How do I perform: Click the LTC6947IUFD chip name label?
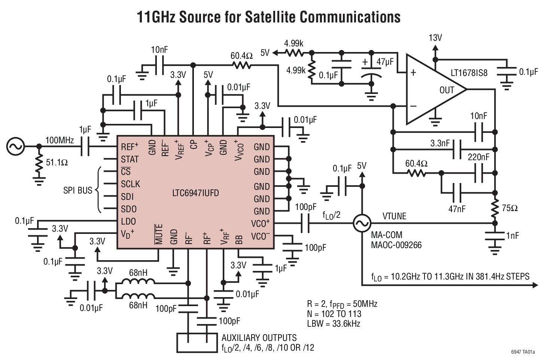click(x=195, y=193)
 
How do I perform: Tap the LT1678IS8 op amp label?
click(x=469, y=73)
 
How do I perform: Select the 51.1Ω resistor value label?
click(x=57, y=163)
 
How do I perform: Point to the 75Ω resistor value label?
click(x=509, y=208)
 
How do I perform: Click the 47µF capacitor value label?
click(x=385, y=62)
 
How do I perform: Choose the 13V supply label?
click(x=435, y=38)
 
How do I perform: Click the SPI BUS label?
click(x=77, y=190)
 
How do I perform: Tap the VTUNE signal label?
click(x=394, y=216)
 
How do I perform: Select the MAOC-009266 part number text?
click(x=396, y=245)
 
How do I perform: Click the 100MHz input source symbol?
click(x=15, y=146)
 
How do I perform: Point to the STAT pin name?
click(x=130, y=160)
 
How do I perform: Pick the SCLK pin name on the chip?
click(x=130, y=184)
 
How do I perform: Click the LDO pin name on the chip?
click(x=128, y=221)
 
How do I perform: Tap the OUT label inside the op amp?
click(x=447, y=90)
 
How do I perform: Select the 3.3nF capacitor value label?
click(x=440, y=143)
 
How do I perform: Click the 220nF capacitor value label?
click(x=478, y=157)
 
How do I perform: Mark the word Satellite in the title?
click(x=270, y=17)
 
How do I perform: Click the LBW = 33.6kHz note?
click(x=334, y=324)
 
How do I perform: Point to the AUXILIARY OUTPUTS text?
click(x=259, y=338)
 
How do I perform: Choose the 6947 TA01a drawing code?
click(x=523, y=352)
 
